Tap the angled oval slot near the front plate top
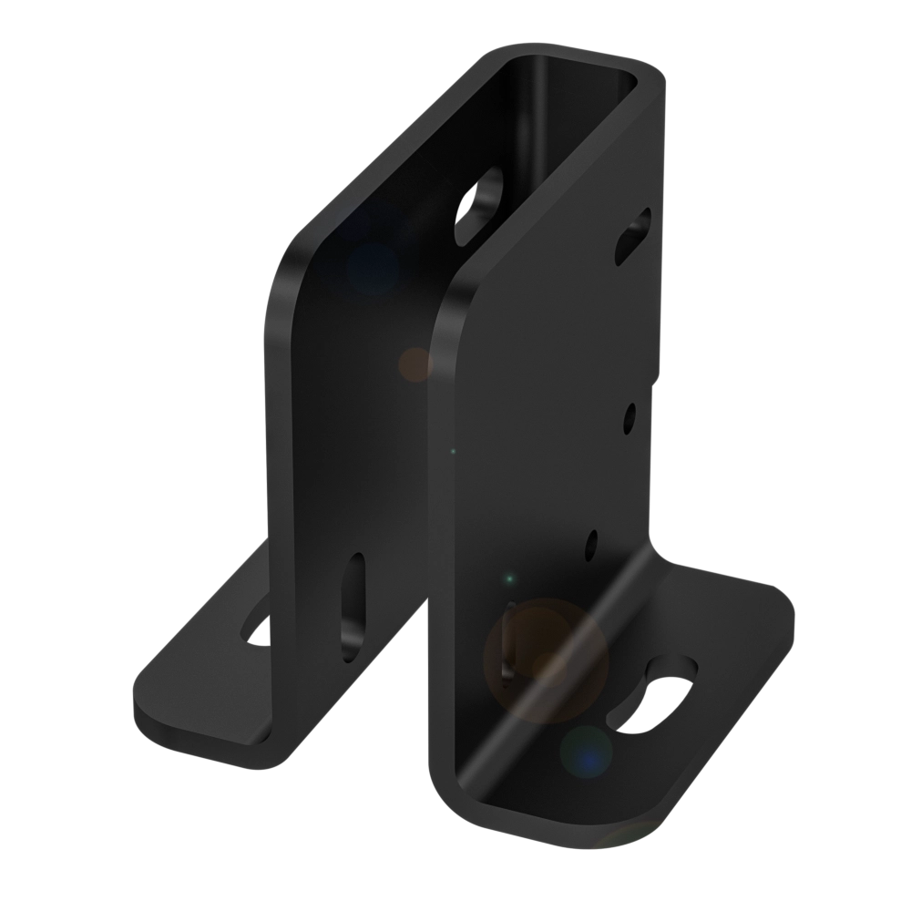(x=634, y=234)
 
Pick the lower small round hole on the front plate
(x=592, y=544)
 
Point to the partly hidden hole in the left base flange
(x=259, y=628)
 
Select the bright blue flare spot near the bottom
(x=587, y=752)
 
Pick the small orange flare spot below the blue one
(x=415, y=363)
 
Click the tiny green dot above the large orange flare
(x=510, y=578)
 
